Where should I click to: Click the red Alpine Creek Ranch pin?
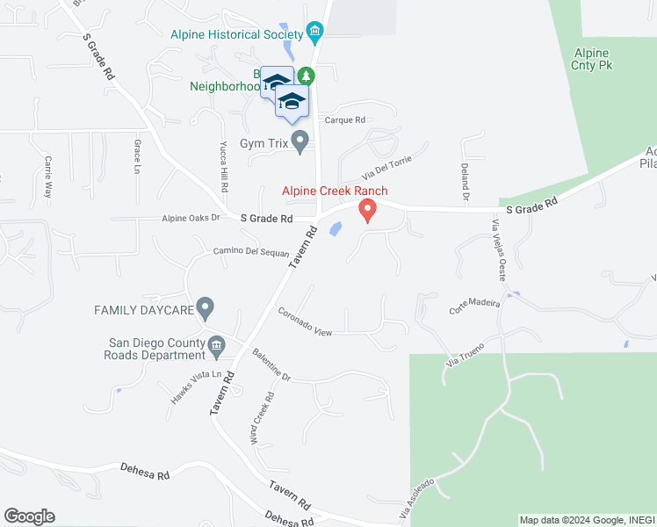coord(367,210)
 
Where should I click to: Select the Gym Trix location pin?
coord(301,141)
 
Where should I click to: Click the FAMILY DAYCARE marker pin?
coord(206,308)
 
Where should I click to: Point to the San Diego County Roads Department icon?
coord(216,350)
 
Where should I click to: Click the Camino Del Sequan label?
coord(251,252)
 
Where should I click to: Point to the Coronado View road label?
coord(305,322)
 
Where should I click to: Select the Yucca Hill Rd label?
coord(225,167)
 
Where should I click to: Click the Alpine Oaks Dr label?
coord(190,219)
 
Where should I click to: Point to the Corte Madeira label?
coord(474,306)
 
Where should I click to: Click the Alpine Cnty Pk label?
coord(592,60)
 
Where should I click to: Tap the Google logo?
coord(29,516)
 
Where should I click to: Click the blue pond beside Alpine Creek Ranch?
coord(336,229)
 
